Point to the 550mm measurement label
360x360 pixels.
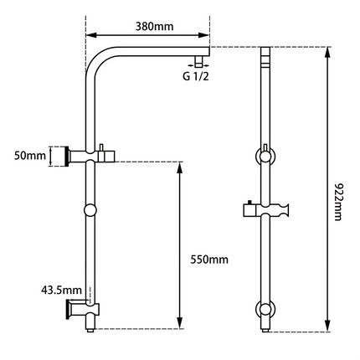point(208,260)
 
